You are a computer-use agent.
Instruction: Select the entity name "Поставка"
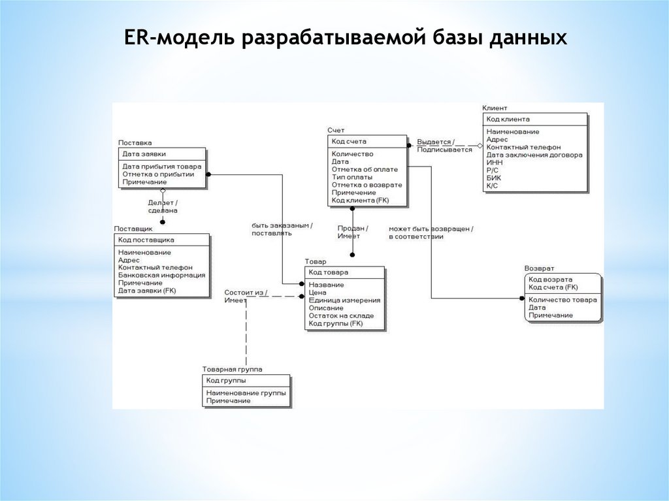(135, 142)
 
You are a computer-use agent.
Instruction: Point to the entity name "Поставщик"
(133, 229)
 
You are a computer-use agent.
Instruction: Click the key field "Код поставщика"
(146, 240)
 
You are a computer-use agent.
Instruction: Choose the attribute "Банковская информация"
(162, 275)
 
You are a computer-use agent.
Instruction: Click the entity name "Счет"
(336, 131)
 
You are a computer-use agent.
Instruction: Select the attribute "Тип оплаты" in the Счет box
(352, 177)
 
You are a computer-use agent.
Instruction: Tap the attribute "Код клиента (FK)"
(360, 201)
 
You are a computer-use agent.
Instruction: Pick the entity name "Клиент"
(495, 108)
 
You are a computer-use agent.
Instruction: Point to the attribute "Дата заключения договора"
(534, 155)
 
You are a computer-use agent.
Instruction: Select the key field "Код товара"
(329, 272)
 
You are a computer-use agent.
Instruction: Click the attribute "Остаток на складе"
(341, 315)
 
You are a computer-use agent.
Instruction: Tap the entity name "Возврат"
(539, 268)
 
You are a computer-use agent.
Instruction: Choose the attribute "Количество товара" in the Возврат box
(563, 300)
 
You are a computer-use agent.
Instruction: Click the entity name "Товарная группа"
(233, 369)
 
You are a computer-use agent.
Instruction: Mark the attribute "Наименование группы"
(246, 393)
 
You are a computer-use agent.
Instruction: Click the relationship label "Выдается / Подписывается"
(444, 146)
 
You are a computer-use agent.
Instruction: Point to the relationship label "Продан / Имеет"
(353, 232)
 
